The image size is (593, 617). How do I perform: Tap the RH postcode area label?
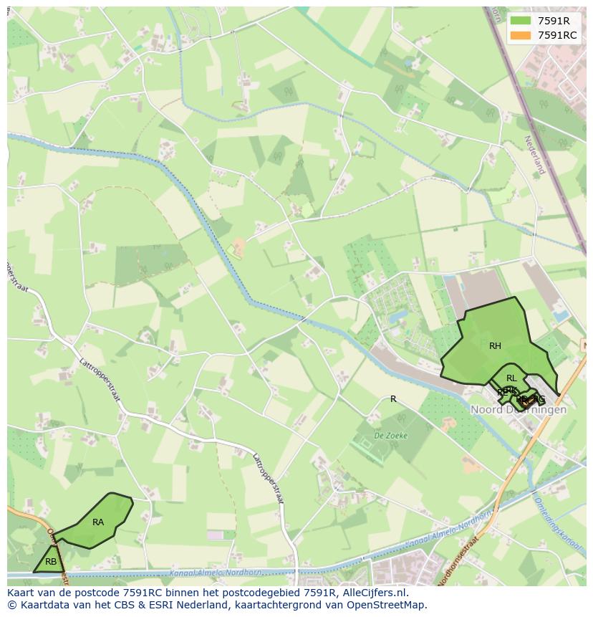point(495,346)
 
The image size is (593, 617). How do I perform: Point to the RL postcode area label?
point(511,378)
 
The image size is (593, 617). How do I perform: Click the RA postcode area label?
point(98,522)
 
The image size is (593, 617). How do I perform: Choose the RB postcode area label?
point(51,562)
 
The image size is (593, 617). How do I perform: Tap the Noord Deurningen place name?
point(519,410)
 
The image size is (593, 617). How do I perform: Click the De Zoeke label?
point(390,435)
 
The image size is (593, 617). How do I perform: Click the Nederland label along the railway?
point(535,155)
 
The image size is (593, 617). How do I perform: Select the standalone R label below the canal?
point(393,399)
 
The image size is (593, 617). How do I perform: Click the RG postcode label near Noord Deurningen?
point(539,399)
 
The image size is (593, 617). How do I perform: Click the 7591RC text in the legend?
point(557,35)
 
